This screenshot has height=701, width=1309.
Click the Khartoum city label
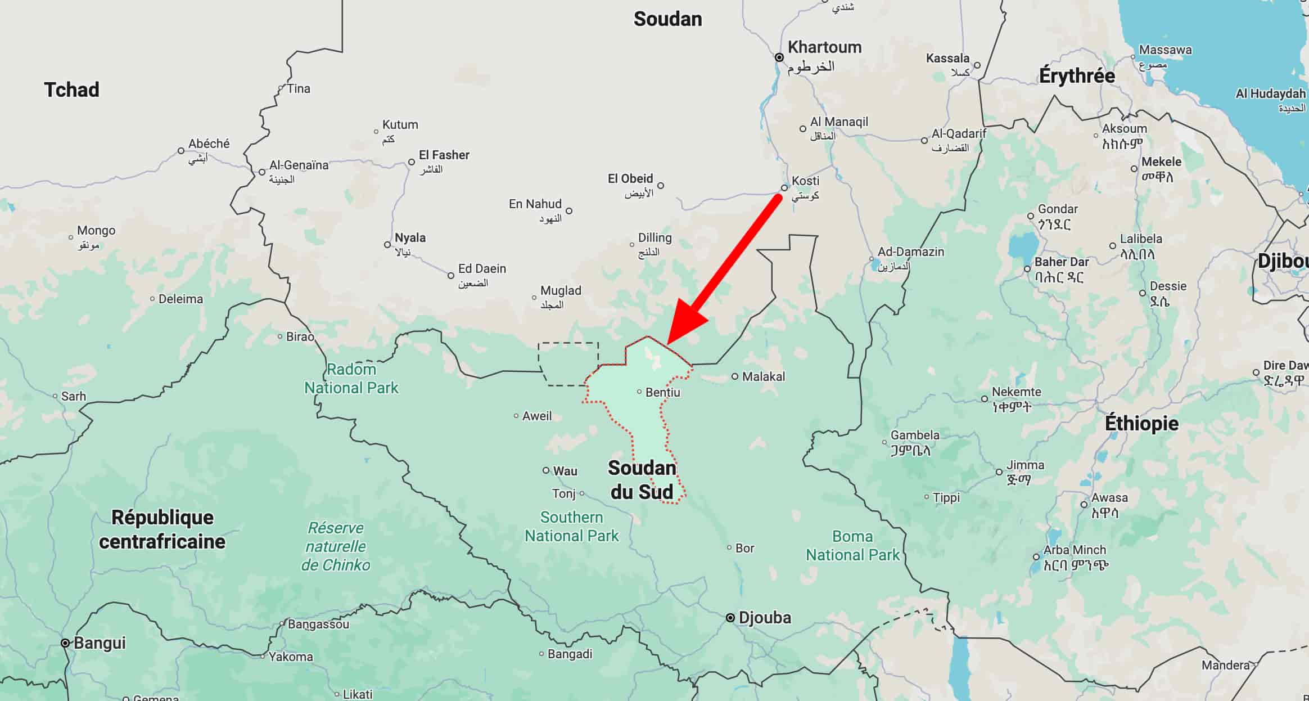824,47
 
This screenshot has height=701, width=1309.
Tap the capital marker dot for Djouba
730,618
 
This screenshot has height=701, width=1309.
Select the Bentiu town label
662,392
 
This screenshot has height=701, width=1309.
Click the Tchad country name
71,90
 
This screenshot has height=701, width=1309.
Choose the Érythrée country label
1077,76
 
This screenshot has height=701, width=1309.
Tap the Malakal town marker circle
735,376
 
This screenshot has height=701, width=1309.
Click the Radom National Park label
351,379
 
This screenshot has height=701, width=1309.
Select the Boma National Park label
852,546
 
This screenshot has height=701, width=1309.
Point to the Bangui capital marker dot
65,643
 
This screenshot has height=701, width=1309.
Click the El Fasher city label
444,155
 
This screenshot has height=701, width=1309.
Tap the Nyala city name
410,238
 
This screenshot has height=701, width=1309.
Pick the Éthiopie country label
1141,423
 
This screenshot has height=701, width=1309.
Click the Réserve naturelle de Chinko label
336,546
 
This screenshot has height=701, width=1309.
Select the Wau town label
565,471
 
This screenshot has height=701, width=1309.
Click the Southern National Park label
571,527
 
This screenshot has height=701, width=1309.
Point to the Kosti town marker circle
784,188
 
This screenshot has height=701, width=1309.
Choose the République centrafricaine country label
163,529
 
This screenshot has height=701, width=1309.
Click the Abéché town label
209,144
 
